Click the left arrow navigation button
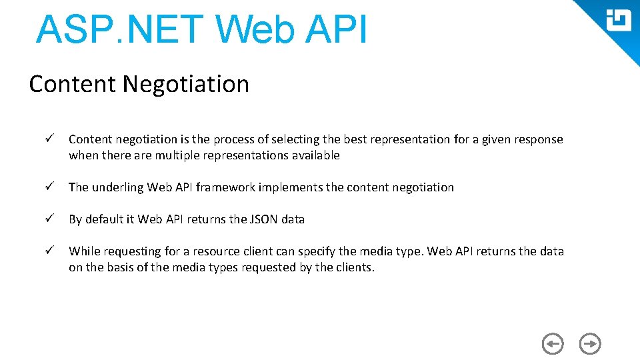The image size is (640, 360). (553, 344)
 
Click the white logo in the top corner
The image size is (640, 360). (618, 21)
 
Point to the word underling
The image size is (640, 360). (118, 187)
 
